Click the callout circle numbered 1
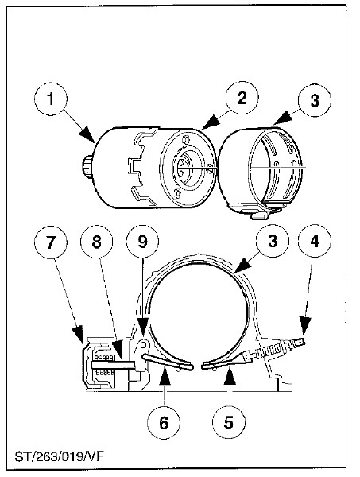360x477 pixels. point(51,99)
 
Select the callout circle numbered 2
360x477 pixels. point(242,98)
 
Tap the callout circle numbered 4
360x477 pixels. point(315,241)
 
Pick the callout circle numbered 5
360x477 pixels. point(228,423)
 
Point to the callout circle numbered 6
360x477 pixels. point(164,423)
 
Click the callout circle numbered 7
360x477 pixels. point(51,242)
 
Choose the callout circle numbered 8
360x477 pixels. point(96,242)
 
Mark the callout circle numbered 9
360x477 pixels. point(142,241)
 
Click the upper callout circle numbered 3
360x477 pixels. point(315,100)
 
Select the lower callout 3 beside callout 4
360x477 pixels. point(273,241)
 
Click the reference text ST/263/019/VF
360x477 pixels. point(60,456)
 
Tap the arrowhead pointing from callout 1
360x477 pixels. point(87,134)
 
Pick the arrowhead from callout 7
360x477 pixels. point(78,333)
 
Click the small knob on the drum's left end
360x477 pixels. point(87,167)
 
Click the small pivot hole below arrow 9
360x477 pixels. point(143,345)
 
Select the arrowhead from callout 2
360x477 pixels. point(211,121)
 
